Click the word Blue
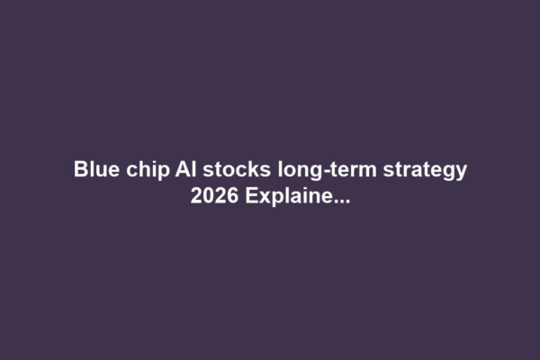pos(93,169)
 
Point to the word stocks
pos(223,169)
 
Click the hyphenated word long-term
pos(311,170)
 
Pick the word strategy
pos(427,171)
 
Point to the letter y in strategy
pos(460,173)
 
